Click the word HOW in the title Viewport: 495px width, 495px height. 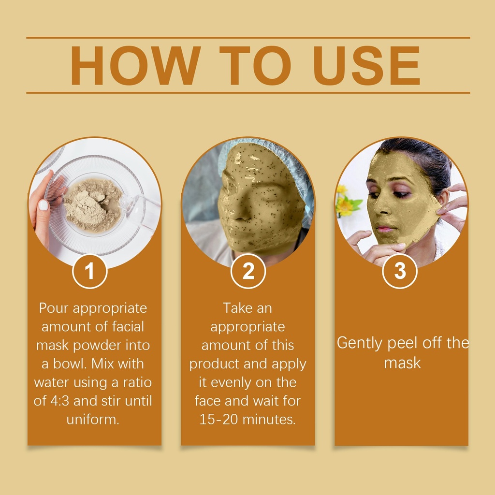click(135, 65)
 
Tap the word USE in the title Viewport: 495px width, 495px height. click(366, 65)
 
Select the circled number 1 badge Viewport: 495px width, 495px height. click(89, 271)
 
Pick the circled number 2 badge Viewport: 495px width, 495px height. click(248, 271)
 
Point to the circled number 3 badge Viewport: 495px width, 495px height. click(400, 271)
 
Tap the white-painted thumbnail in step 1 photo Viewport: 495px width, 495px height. click(43, 205)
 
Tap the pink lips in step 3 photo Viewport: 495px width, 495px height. click(383, 229)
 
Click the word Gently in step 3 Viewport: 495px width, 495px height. click(360, 344)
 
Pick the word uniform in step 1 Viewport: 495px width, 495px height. click(93, 419)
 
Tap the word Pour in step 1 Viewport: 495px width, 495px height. click(53, 308)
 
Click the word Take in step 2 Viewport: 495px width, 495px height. click(237, 308)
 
